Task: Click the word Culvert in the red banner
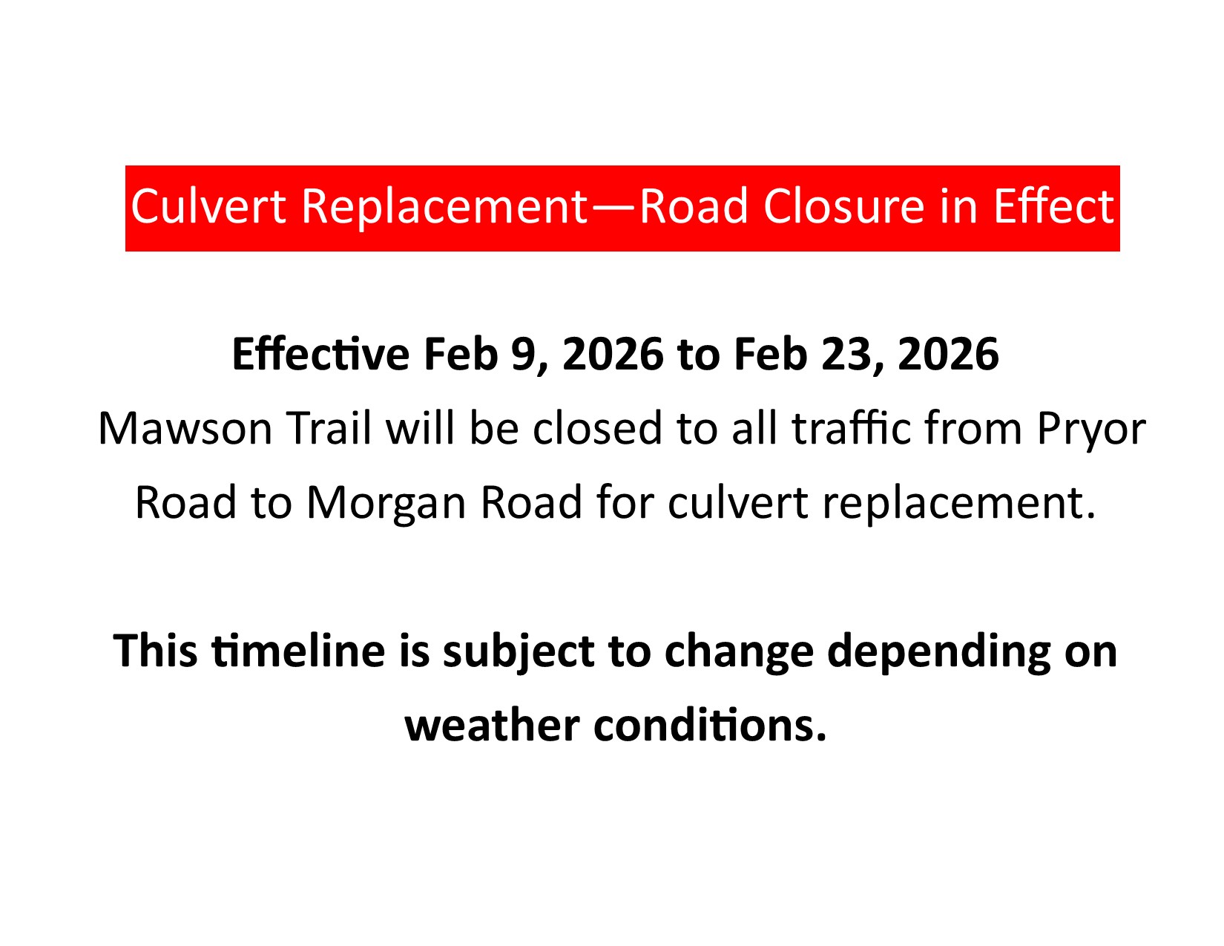pyautogui.click(x=208, y=206)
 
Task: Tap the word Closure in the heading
pyautogui.click(x=843, y=206)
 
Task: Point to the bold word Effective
pyautogui.click(x=320, y=354)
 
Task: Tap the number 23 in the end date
pyautogui.click(x=845, y=355)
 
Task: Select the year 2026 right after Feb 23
pyautogui.click(x=948, y=355)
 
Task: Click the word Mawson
pyautogui.click(x=185, y=429)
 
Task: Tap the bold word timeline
pyautogui.click(x=298, y=651)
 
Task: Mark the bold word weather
pyautogui.click(x=492, y=726)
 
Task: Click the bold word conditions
pyautogui.click(x=710, y=726)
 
